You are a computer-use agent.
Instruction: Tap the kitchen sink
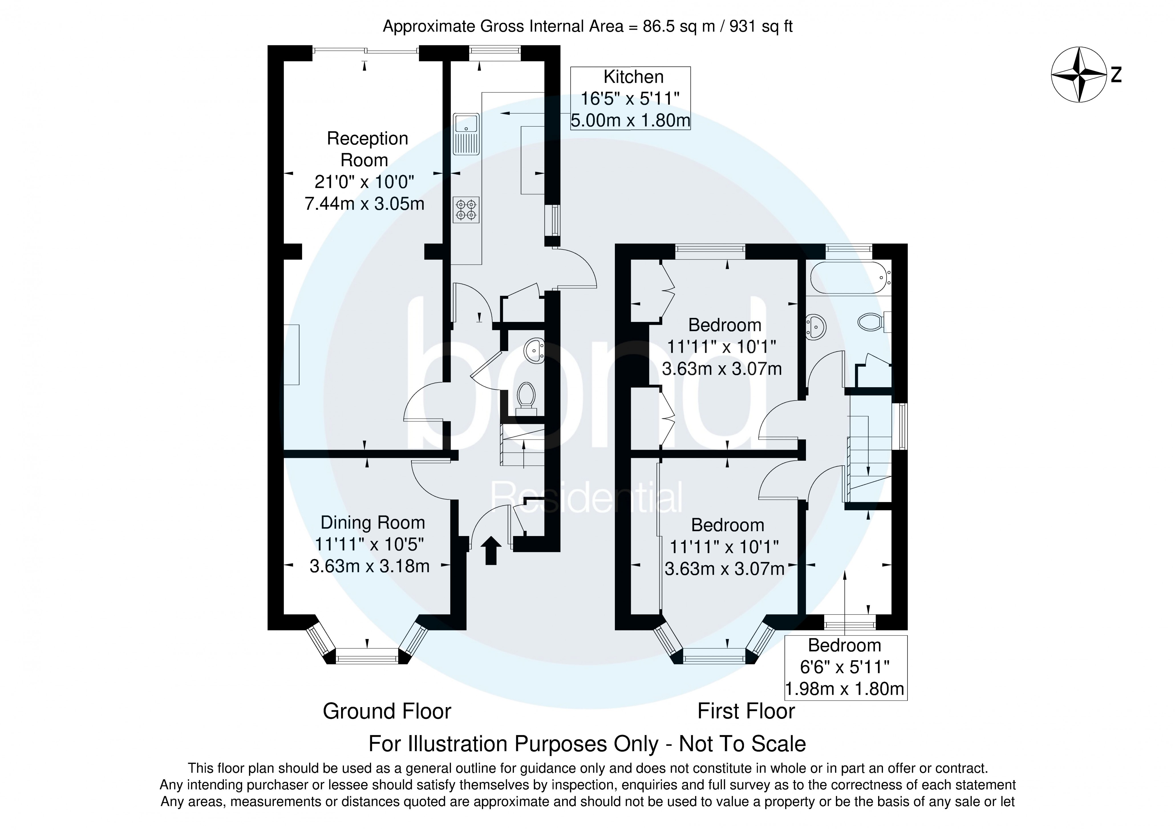[x=466, y=134]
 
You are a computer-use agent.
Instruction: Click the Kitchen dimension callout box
[x=631, y=98]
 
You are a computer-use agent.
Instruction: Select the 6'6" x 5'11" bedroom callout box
[x=845, y=667]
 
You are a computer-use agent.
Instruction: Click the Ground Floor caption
[x=387, y=711]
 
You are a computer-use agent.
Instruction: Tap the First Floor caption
[x=746, y=711]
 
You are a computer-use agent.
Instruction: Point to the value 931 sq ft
[x=761, y=26]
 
